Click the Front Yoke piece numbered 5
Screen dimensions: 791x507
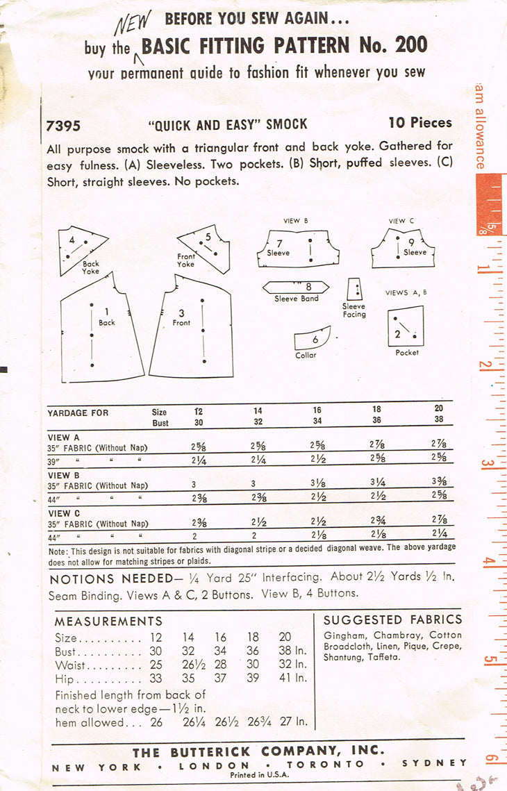point(206,247)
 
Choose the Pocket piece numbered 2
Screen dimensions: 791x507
point(406,326)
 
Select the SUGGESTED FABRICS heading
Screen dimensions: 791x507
point(392,619)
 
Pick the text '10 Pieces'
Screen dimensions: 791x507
point(420,123)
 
